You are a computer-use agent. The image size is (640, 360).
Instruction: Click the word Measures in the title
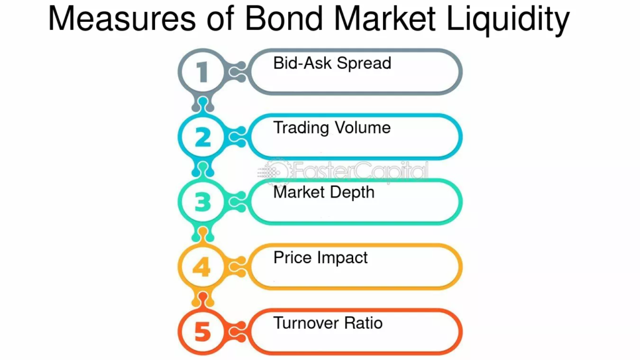tap(122, 18)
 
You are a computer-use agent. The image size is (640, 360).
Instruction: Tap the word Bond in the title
tap(284, 18)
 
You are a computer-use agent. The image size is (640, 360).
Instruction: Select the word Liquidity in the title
tap(507, 21)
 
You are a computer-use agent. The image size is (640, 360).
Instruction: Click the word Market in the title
tap(384, 18)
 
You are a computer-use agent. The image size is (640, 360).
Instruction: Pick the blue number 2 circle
tap(181, 137)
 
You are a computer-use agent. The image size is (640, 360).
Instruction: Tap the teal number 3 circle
tap(181, 202)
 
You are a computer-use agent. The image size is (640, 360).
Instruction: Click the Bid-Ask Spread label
tap(332, 63)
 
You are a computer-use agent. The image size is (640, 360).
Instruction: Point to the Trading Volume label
tap(332, 128)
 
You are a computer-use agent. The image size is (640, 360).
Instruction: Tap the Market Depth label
tap(324, 192)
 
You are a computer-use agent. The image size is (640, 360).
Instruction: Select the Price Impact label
tap(321, 258)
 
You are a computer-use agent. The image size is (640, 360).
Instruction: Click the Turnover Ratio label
tap(327, 323)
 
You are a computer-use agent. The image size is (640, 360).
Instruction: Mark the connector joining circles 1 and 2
tap(203, 104)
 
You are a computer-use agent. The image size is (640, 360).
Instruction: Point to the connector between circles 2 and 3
tap(203, 169)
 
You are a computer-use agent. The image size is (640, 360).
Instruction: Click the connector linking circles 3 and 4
tap(203, 234)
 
